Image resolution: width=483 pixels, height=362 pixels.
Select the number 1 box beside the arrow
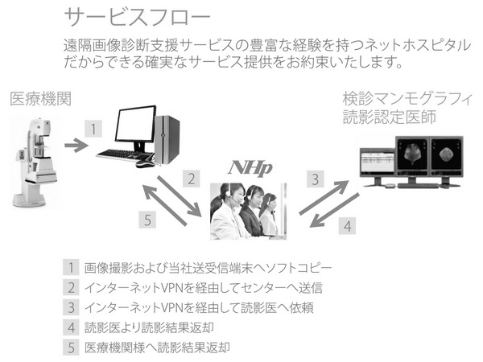tap(95, 129)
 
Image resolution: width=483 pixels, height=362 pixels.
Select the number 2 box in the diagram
tap(190, 179)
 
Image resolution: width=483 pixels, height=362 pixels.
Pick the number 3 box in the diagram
tap(316, 179)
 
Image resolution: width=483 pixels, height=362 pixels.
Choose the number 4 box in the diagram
tap(347, 226)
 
